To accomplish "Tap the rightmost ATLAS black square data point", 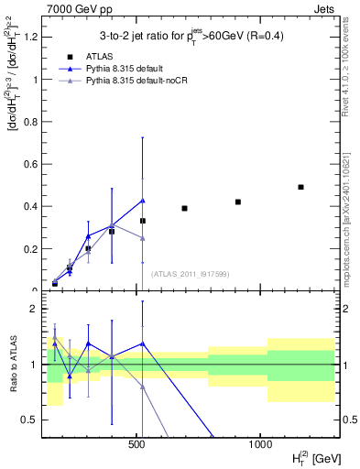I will point(300,187).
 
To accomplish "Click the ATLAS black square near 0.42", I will point(238,202).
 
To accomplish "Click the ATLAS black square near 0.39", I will point(184,208).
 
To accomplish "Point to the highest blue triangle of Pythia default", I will point(143,201).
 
